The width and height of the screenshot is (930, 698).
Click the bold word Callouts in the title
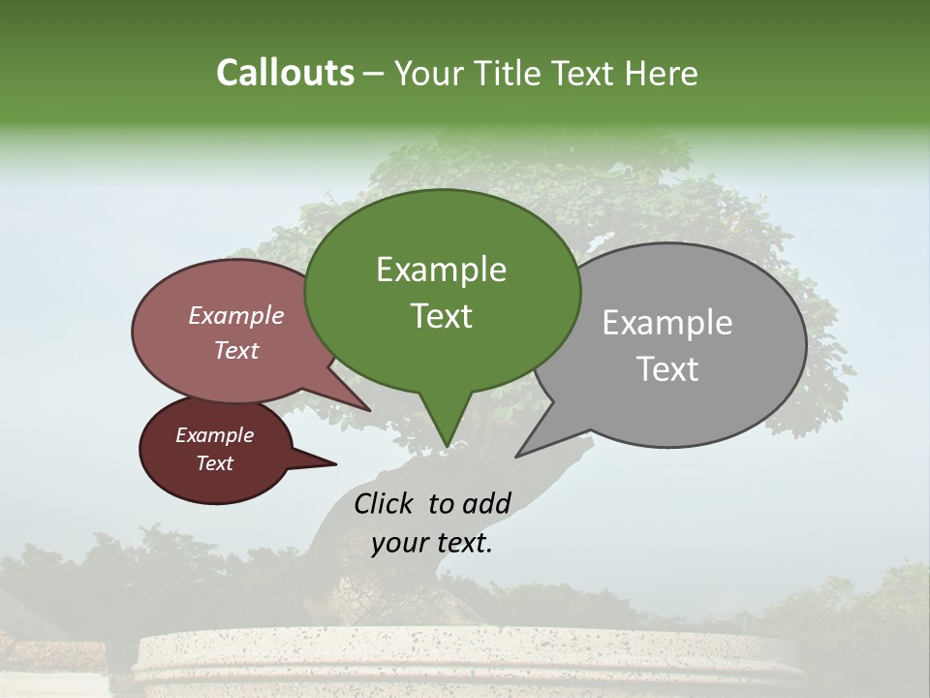(x=285, y=73)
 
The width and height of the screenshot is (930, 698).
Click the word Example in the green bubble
(x=441, y=270)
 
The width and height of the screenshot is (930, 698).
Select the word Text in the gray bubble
(x=667, y=369)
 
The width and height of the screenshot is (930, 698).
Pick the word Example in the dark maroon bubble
(x=214, y=435)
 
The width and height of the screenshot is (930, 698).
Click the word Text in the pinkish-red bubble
(x=236, y=350)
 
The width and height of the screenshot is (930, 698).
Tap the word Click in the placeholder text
(x=386, y=503)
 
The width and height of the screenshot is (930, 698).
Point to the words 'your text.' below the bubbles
(x=432, y=543)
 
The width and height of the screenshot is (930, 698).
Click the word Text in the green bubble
(x=441, y=316)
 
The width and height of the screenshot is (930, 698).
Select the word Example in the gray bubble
(x=667, y=323)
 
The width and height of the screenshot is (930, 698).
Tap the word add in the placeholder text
(x=486, y=503)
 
